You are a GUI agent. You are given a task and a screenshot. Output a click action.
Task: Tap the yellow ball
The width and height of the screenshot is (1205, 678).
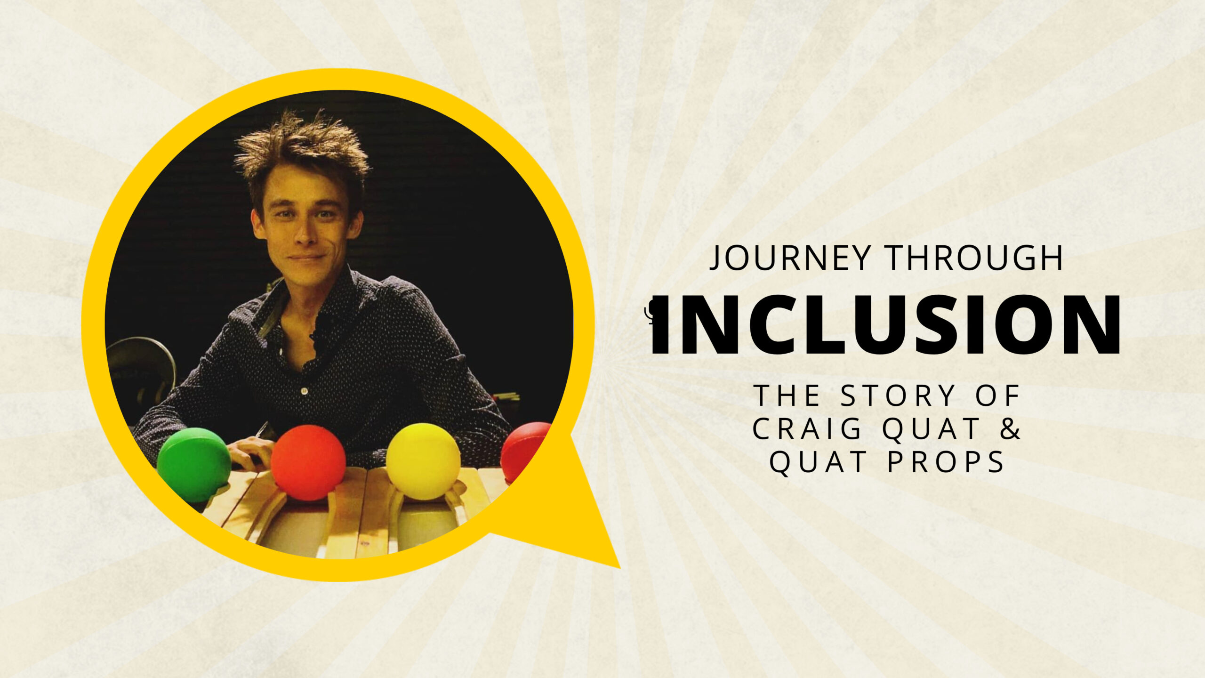[423, 461]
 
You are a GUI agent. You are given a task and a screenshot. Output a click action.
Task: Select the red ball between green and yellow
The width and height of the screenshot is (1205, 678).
[308, 463]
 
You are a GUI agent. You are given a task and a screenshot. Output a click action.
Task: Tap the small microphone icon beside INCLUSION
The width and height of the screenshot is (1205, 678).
[651, 313]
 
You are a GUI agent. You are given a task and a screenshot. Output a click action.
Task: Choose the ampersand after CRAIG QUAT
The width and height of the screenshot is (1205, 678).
[1009, 428]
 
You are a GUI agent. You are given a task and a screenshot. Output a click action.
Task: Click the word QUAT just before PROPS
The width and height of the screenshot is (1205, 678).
[819, 462]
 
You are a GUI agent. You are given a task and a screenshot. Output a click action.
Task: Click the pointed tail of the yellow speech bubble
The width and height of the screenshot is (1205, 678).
[619, 567]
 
